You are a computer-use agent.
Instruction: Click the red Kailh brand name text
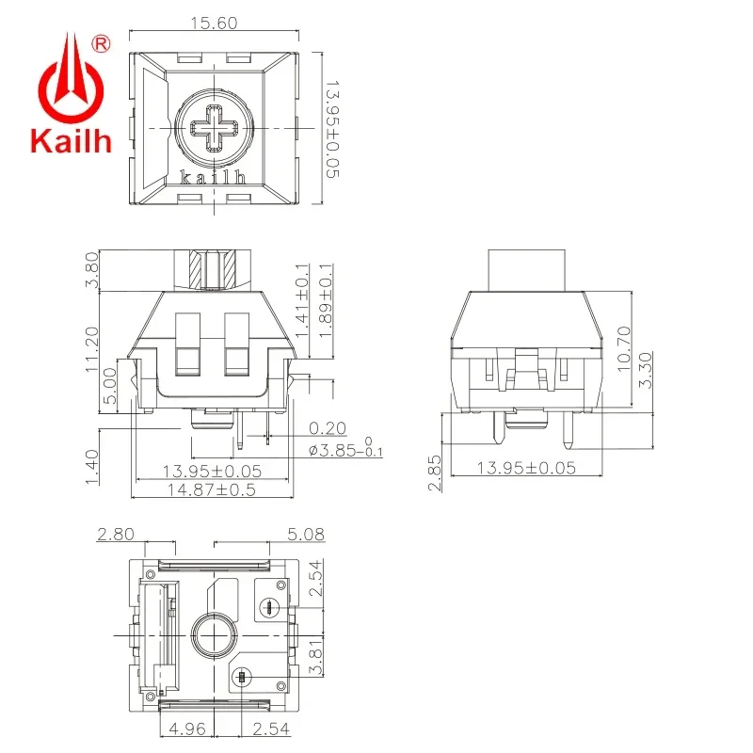(x=72, y=142)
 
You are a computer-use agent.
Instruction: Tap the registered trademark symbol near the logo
(x=103, y=42)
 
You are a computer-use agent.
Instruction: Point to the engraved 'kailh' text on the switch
(x=213, y=176)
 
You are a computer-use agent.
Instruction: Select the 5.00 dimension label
(x=109, y=386)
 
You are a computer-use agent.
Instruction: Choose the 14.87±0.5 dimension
(x=209, y=489)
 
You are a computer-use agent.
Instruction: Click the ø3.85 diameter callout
(x=344, y=451)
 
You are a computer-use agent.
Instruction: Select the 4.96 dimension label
(x=188, y=728)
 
